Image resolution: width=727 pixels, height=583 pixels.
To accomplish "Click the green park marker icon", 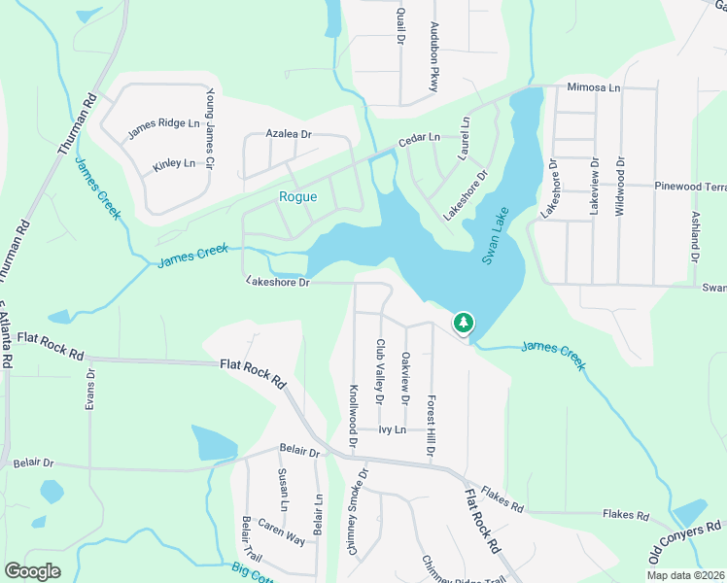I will [x=464, y=323].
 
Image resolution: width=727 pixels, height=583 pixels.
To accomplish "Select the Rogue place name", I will [x=297, y=196].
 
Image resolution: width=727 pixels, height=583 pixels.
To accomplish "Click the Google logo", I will [x=32, y=571].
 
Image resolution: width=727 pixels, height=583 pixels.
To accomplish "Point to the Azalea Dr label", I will [x=289, y=133].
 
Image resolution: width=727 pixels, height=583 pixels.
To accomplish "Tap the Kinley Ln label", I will [x=174, y=165].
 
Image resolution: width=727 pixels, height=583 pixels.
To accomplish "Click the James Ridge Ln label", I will [x=163, y=123].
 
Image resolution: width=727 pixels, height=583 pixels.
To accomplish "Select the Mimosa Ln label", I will [x=593, y=86].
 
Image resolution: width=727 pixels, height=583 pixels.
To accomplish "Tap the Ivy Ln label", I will [x=391, y=429].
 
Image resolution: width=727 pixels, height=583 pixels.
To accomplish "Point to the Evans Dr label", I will [x=90, y=389].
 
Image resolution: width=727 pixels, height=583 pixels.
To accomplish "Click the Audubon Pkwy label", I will [x=434, y=71].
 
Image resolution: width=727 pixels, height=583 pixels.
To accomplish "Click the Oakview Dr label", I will [x=405, y=377].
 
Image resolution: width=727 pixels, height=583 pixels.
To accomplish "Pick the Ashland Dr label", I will [x=695, y=237].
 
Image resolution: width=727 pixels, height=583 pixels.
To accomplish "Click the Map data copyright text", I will [x=685, y=574].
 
